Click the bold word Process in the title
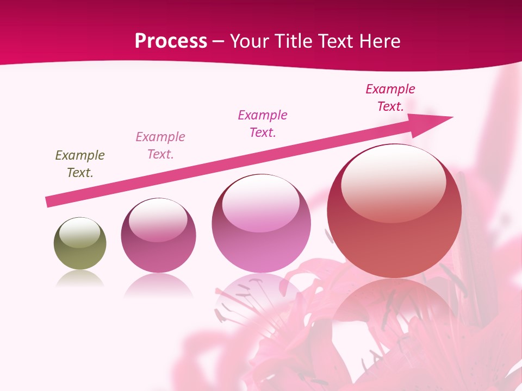click(171, 41)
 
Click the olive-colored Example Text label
click(80, 164)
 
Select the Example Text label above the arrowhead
click(390, 98)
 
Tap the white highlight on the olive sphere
click(80, 233)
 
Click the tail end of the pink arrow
click(50, 201)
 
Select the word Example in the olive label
click(80, 155)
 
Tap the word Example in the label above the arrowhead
click(390, 89)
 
